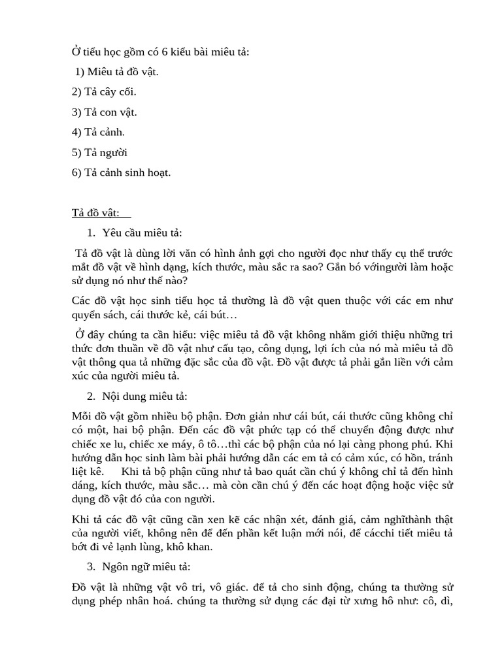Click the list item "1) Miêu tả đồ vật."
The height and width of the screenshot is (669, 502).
116,72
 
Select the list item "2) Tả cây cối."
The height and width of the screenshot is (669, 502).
104,92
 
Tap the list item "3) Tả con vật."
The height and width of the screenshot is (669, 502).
104,112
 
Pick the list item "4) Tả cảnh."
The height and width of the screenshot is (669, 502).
98,132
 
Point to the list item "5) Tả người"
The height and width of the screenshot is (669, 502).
99,152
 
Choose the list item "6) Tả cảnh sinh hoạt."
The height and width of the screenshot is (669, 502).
121,172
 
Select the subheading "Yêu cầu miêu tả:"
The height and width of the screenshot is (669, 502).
142,233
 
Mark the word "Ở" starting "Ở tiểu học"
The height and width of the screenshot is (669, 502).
75,52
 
